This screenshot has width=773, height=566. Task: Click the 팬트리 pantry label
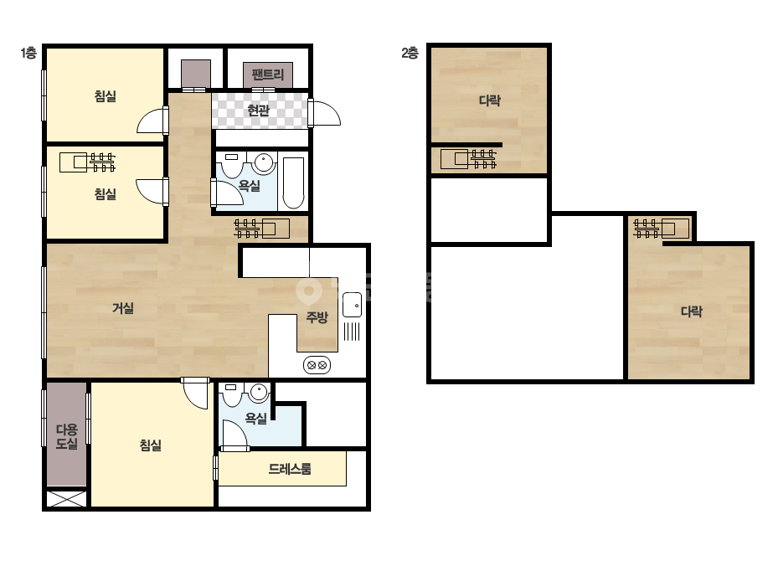(x=268, y=75)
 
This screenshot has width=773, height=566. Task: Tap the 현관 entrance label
(x=258, y=110)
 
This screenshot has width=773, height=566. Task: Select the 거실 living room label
(x=123, y=308)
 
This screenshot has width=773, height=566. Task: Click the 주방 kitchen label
(x=317, y=316)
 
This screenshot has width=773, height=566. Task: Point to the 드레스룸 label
(x=290, y=468)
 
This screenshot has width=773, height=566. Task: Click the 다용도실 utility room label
(x=66, y=436)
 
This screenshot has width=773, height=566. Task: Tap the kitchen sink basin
(x=352, y=304)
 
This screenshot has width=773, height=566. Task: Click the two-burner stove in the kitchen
(x=317, y=365)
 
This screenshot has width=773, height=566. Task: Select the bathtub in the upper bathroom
(x=293, y=183)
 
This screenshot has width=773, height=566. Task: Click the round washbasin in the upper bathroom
(x=264, y=162)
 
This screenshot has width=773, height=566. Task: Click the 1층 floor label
(x=28, y=53)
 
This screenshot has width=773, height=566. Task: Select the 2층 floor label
(x=410, y=53)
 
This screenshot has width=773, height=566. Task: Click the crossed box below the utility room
(x=66, y=499)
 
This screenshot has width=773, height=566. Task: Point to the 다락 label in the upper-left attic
(x=490, y=100)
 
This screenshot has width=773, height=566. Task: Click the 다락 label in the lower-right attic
(x=691, y=311)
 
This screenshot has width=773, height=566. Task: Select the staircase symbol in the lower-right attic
(x=661, y=229)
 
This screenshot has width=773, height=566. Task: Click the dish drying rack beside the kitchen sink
(x=352, y=331)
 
